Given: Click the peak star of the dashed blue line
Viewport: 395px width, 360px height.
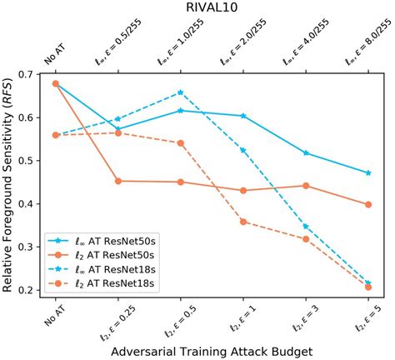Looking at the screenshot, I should (x=180, y=92).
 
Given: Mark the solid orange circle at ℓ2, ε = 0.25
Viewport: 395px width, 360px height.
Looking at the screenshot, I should (x=117, y=181).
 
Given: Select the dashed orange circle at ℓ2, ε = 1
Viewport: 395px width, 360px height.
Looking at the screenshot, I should (x=243, y=222).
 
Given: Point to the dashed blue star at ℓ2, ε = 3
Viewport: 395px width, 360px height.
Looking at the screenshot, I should (x=306, y=227).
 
